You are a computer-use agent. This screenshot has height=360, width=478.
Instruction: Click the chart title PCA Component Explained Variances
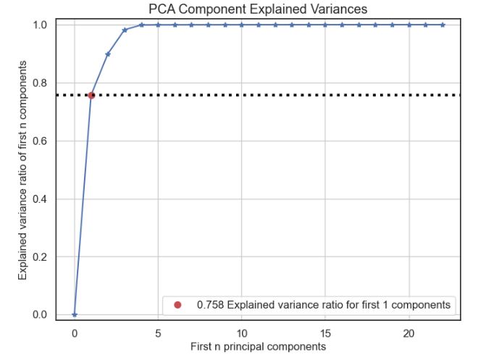coord(258,8)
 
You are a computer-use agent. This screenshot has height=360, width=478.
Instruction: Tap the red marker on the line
coord(91,95)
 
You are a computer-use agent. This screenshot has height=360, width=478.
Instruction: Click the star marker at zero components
coord(75,314)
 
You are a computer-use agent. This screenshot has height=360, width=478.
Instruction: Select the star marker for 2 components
coord(108,54)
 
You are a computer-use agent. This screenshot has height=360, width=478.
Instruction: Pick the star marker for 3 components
coord(125,30)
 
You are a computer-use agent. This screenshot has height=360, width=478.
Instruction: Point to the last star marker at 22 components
coord(443,25)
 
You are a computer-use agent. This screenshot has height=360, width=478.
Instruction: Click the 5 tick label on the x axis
coord(158,332)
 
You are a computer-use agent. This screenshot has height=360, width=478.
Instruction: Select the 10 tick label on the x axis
coord(242,332)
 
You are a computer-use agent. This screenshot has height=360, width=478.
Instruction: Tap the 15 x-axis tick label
coord(325,332)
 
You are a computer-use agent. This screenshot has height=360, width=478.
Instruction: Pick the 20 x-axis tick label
coord(409,332)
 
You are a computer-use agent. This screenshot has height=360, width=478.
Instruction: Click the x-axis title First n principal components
coord(258,347)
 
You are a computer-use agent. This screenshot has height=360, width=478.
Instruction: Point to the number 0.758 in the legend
coord(210,305)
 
